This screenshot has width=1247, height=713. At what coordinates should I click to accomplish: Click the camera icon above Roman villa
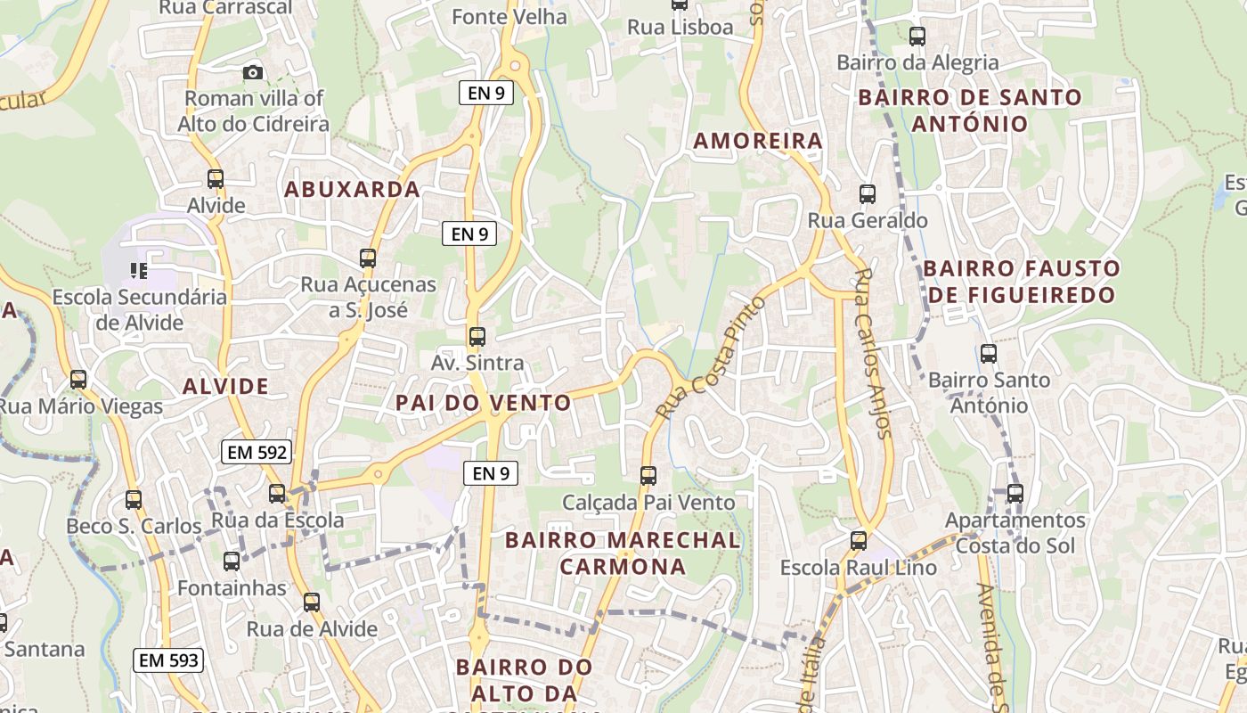tap(253, 72)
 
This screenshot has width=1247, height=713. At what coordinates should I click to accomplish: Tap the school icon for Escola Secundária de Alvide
tap(138, 269)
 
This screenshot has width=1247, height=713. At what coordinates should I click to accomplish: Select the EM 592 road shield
tap(257, 452)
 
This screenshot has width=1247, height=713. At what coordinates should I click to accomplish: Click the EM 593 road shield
tap(168, 660)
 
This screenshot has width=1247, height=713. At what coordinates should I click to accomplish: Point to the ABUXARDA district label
tap(352, 189)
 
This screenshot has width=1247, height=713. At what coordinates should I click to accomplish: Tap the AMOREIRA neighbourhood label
tap(758, 141)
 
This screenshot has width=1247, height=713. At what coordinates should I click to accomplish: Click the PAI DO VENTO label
tap(484, 403)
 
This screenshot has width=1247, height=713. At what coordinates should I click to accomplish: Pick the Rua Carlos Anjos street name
tap(872, 353)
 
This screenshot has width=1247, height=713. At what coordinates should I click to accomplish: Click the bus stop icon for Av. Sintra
tap(477, 337)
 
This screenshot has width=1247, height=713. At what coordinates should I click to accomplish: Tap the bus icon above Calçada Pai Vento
tap(648, 476)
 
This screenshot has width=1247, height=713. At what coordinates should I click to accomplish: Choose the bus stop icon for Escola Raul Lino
tap(859, 540)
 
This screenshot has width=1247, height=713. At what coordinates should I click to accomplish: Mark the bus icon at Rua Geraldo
tap(867, 193)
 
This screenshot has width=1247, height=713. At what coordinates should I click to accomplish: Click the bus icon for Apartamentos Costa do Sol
tap(1015, 493)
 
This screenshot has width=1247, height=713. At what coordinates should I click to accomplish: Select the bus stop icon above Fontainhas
tap(232, 561)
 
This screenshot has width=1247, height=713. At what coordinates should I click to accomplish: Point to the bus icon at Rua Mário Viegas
tap(78, 380)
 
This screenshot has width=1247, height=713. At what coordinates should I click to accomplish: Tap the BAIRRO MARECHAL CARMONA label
tap(623, 553)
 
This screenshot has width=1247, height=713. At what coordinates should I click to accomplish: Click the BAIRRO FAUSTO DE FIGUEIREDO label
tap(1022, 282)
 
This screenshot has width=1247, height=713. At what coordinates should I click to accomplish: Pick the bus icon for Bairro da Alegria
tap(917, 37)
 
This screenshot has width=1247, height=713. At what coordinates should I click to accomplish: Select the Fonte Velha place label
tap(509, 17)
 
